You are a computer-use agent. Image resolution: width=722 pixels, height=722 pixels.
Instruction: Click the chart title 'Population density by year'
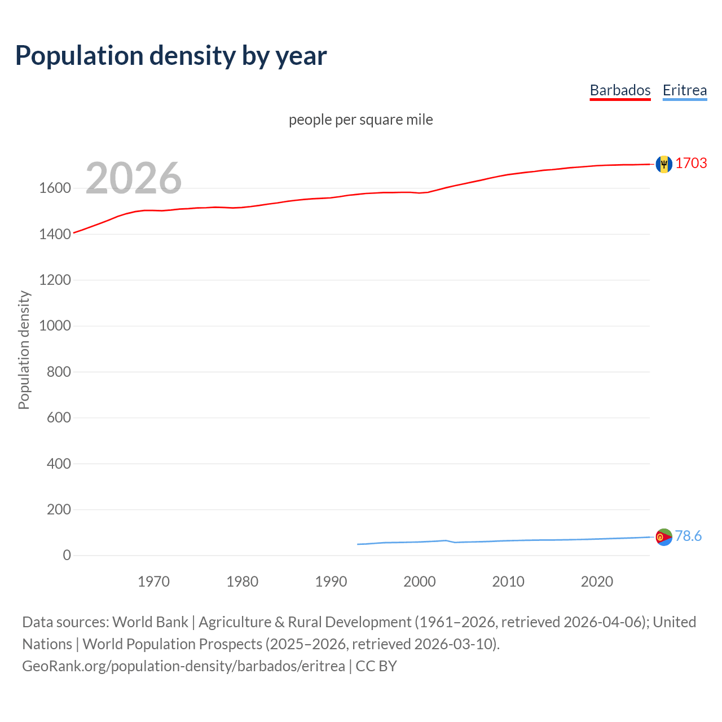point(171,56)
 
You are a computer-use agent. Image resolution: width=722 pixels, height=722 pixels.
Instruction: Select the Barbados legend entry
point(620,90)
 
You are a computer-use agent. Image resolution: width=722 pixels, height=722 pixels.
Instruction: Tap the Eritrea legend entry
point(684,90)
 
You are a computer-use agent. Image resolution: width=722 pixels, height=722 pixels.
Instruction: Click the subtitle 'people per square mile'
point(360,120)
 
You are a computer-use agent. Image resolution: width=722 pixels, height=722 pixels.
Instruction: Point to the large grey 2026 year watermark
point(134,178)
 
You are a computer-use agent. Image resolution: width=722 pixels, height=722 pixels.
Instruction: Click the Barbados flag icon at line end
point(664,164)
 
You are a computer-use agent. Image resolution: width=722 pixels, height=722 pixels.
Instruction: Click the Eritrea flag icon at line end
point(664,537)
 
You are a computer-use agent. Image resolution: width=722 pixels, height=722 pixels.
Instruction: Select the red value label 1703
point(691,163)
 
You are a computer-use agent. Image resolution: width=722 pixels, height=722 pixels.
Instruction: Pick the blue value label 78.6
point(688,536)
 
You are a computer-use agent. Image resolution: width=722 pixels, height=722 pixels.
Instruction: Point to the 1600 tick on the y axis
point(55,188)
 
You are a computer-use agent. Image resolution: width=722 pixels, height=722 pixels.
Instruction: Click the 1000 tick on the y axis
point(55,326)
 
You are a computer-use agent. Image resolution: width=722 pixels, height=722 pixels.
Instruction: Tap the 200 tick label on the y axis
point(58,509)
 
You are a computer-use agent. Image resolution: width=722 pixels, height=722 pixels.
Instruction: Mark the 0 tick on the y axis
point(67,556)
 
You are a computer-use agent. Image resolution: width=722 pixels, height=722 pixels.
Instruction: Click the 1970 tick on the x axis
point(153,582)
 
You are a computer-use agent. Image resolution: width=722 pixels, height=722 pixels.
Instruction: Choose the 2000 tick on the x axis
point(419,582)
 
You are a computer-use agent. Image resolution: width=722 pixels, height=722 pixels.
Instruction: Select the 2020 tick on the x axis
point(597,582)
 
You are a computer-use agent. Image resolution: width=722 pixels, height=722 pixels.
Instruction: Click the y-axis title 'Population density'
point(24,350)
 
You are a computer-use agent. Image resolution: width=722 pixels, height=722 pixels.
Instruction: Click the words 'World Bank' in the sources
point(150,622)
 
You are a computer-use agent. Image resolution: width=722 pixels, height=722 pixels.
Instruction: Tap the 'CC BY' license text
point(376,666)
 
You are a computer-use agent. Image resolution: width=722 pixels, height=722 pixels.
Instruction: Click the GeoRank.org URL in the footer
point(183,666)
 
